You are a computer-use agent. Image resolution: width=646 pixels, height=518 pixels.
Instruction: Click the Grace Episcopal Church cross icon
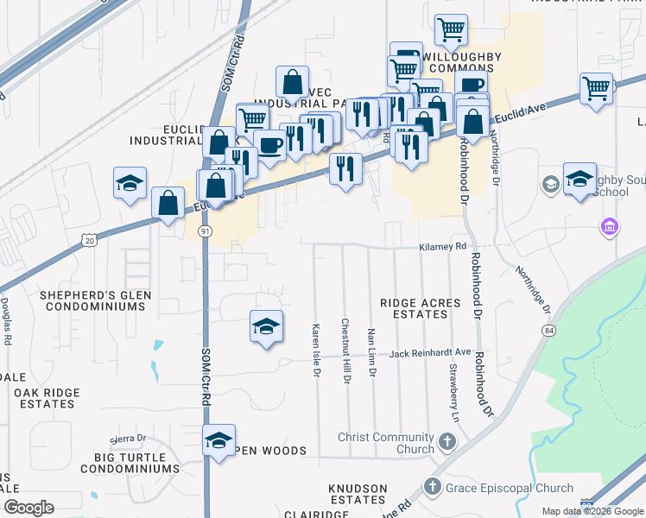(x=433, y=488)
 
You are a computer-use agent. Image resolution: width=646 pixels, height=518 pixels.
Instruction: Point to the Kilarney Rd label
(x=442, y=247)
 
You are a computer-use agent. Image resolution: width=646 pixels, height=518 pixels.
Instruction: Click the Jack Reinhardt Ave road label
(x=430, y=353)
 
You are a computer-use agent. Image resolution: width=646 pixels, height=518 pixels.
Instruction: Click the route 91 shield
(x=205, y=231)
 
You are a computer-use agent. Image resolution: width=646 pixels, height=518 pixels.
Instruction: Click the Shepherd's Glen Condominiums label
(x=96, y=300)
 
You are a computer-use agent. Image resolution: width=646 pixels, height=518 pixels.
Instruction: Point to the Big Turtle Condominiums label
(x=130, y=463)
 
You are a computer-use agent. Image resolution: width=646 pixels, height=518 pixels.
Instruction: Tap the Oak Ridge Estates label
(x=47, y=398)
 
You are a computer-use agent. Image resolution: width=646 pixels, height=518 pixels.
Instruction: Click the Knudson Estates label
(x=358, y=495)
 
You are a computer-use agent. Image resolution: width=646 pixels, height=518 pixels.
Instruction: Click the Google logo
(x=28, y=508)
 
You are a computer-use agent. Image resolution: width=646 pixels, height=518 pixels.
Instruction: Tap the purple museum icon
(x=610, y=228)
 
